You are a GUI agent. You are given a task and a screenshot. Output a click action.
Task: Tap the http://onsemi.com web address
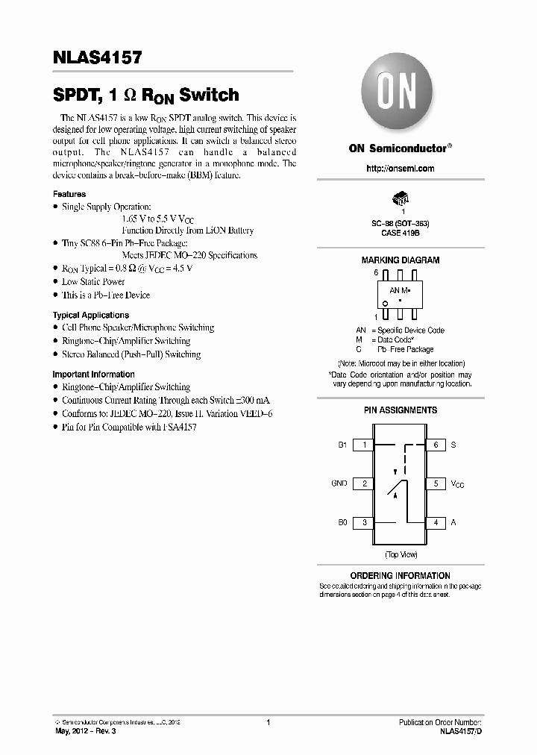[400, 169]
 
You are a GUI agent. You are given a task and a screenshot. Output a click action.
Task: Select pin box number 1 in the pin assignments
[363, 445]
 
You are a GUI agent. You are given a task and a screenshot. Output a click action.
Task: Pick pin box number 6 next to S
[436, 445]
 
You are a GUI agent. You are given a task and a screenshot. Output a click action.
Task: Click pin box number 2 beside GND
[363, 483]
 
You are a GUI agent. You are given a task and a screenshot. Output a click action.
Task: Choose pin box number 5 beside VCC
[436, 483]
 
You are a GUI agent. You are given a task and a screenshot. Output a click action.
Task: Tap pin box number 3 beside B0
[363, 523]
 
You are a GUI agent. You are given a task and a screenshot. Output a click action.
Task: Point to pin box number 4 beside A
[436, 523]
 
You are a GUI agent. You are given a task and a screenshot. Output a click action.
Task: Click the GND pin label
[339, 483]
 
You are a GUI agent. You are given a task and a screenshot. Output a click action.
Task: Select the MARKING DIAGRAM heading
[400, 260]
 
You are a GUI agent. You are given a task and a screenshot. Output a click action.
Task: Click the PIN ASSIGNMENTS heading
[400, 410]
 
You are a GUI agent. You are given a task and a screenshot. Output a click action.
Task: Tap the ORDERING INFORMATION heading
[400, 576]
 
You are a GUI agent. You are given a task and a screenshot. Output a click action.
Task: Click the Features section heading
[69, 193]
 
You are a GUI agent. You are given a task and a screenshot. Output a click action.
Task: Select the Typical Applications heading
[90, 316]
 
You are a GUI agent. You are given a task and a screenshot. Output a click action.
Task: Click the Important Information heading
[93, 375]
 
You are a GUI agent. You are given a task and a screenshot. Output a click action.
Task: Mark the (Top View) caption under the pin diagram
[400, 555]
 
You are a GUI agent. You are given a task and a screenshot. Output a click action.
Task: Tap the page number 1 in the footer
[268, 722]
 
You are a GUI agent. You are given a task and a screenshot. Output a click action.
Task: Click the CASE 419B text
[400, 233]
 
